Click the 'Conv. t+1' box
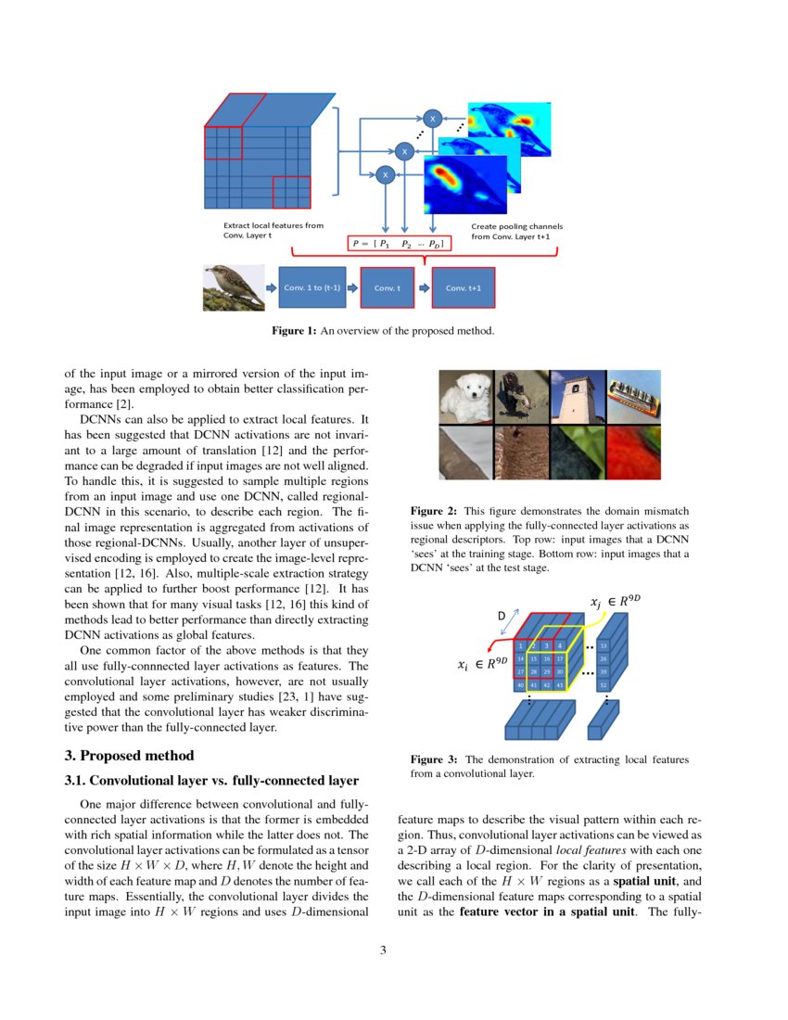click(464, 287)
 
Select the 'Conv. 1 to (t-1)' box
click(311, 287)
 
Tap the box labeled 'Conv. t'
click(387, 287)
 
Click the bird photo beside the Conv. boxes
click(233, 287)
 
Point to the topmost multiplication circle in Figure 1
click(431, 118)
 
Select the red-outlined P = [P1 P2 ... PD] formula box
click(398, 244)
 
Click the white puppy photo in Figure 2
click(465, 397)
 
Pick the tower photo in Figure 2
click(577, 397)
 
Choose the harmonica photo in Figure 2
click(633, 397)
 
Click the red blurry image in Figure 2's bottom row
click(633, 452)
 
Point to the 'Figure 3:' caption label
click(434, 759)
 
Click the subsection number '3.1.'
click(76, 779)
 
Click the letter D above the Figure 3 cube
click(502, 615)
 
